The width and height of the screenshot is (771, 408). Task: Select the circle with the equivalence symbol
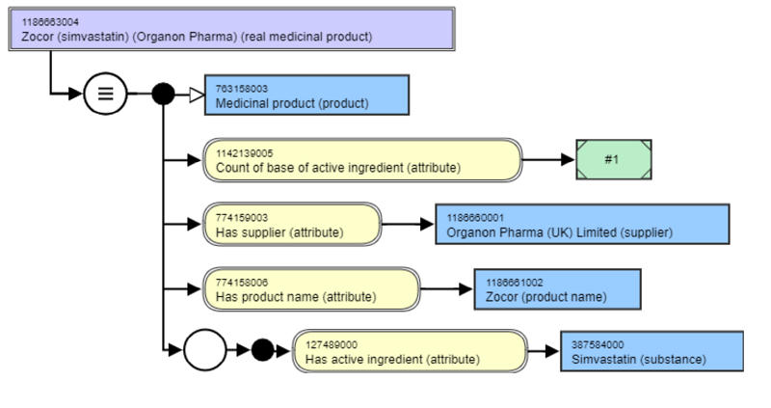pos(105,94)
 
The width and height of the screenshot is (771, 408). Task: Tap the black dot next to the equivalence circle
pos(164,94)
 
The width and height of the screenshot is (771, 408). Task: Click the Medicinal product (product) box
pos(306,95)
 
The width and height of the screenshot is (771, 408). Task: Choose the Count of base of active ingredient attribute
pos(362,160)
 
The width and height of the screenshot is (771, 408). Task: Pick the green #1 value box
pos(614,159)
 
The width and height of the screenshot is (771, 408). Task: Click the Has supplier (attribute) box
pos(293,225)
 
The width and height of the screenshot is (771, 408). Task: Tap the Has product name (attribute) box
pos(312,289)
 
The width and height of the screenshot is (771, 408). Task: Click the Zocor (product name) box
pos(557,289)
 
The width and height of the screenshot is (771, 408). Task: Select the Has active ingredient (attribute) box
pos(410,352)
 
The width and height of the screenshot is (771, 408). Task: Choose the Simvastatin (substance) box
pos(651,352)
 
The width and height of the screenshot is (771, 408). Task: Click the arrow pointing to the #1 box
pos(549,159)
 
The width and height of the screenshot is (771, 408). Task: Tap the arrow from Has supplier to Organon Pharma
pos(409,225)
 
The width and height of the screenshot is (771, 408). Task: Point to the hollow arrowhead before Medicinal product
pos(195,94)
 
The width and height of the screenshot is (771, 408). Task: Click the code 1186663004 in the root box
pos(50,21)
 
